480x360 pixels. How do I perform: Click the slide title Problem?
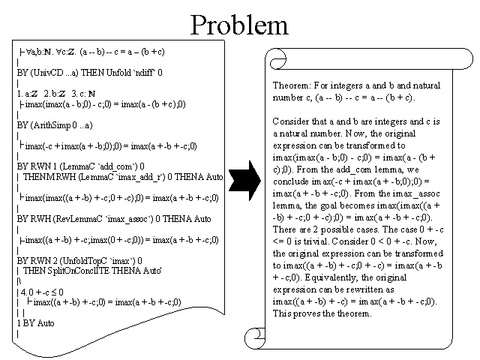click(239, 25)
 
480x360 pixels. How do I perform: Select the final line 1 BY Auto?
click(36, 320)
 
